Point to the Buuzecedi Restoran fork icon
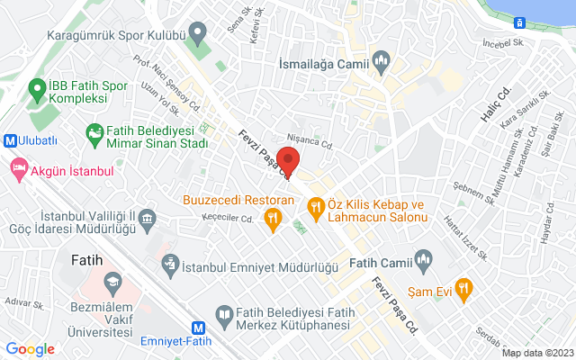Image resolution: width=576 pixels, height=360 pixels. (271, 217)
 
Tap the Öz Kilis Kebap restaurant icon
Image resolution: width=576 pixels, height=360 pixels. (315, 207)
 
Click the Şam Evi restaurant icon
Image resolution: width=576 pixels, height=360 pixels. (463, 289)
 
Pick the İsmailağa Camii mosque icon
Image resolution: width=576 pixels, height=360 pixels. (381, 64)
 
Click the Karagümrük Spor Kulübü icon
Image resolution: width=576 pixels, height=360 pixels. (199, 36)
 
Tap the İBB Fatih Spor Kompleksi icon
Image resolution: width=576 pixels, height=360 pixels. (38, 88)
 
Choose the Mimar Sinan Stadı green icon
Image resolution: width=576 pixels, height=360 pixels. (94, 136)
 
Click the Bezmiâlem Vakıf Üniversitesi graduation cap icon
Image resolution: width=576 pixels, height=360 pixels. (112, 285)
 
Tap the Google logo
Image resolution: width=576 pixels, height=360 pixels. (30, 349)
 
